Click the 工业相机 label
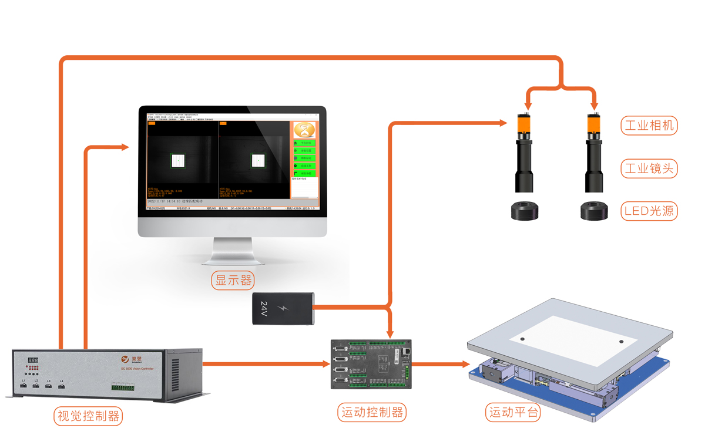(649, 125)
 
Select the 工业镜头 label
(649, 168)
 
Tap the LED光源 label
(649, 211)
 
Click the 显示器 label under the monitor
(233, 280)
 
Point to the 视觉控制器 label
(88, 416)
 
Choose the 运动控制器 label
(372, 412)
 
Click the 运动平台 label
(513, 412)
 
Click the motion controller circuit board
(370, 364)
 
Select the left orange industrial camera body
(524, 124)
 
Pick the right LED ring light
(595, 211)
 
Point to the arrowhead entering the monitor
(125, 147)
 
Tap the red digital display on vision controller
(33, 359)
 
